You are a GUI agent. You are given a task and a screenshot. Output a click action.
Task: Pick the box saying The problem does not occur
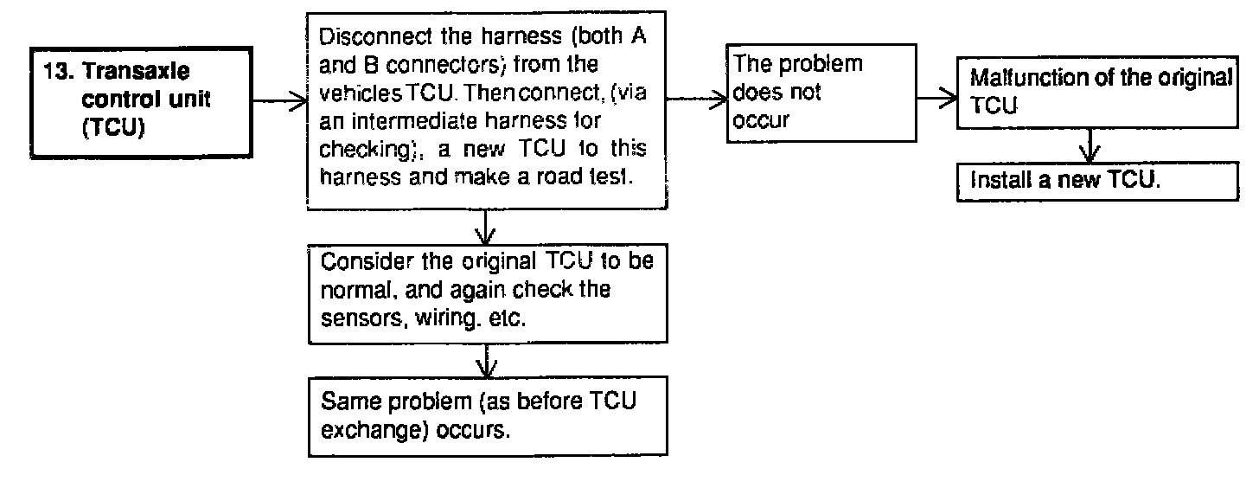[820, 93]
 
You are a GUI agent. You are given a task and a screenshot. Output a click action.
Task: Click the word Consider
[355, 263]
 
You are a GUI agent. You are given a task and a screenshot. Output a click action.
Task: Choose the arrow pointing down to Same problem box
[487, 358]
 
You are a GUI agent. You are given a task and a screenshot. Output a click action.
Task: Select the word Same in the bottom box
[343, 403]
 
